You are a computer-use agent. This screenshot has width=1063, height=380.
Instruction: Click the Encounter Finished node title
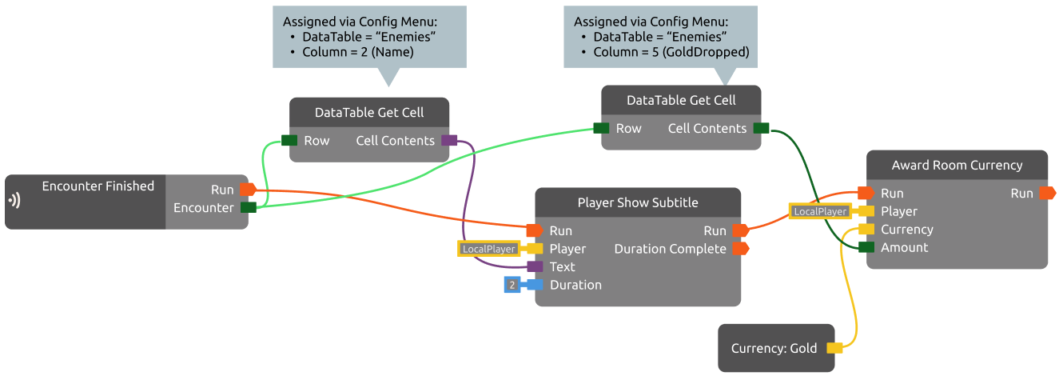click(98, 186)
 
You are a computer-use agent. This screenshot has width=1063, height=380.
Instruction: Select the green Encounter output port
click(248, 207)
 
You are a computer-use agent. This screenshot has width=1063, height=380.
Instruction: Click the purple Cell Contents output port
click(449, 141)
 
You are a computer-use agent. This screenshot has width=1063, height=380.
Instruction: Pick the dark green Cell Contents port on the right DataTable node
click(761, 128)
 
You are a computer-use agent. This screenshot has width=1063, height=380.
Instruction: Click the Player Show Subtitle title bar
click(637, 202)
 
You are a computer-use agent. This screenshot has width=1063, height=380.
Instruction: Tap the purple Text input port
click(535, 266)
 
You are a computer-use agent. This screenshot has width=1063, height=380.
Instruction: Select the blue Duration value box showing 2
click(512, 285)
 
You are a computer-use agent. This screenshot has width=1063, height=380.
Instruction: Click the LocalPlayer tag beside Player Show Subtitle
click(488, 249)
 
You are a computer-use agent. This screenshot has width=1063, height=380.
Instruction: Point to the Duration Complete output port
click(740, 249)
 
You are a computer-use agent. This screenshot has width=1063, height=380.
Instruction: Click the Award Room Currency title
click(957, 166)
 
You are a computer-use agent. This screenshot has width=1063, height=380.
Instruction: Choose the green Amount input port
click(866, 247)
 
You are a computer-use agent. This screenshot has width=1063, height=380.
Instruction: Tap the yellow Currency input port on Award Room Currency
click(866, 230)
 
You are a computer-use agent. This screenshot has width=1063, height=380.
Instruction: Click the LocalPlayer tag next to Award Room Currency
click(820, 211)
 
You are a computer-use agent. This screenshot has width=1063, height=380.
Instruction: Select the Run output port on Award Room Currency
click(1048, 193)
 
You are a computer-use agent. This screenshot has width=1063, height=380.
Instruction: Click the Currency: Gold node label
click(774, 348)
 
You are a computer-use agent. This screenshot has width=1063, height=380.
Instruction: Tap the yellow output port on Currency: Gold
click(834, 348)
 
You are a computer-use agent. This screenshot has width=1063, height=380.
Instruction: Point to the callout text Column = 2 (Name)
click(357, 52)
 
